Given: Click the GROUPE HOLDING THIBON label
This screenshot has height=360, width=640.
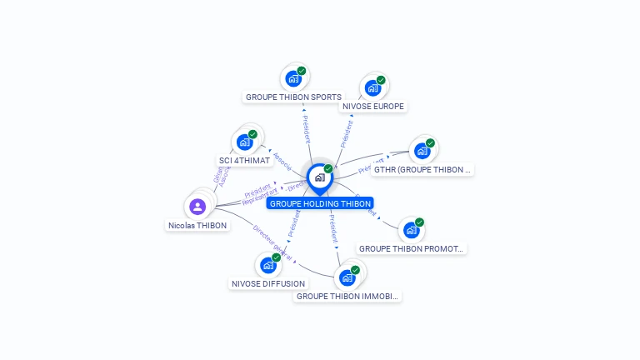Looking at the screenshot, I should click(x=320, y=203).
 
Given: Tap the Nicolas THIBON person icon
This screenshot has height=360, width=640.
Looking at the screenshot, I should click(x=197, y=206).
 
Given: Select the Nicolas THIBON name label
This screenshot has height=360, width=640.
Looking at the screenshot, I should click(x=197, y=225).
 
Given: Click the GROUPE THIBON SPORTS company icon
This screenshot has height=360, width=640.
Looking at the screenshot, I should click(x=292, y=78).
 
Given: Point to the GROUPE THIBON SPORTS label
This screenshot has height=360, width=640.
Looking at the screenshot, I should click(x=293, y=97).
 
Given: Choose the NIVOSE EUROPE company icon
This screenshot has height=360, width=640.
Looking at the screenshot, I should click(x=372, y=87).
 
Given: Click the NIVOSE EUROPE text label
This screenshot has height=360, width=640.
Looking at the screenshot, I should click(x=373, y=107).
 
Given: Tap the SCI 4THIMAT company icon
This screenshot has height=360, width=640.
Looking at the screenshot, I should click(x=244, y=142).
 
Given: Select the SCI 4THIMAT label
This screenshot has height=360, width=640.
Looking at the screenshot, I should click(x=244, y=160).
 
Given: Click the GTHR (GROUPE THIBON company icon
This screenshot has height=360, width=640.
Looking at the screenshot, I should click(x=422, y=151).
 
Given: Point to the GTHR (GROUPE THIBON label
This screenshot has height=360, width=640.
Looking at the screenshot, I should click(x=422, y=169).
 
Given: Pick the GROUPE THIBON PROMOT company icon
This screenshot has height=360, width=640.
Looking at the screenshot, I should click(x=411, y=230).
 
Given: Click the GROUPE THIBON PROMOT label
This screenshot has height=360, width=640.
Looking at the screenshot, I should click(x=411, y=248).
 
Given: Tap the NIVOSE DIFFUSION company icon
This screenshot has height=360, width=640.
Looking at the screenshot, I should click(x=267, y=265).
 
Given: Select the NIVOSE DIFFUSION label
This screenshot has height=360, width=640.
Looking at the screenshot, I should click(x=268, y=283).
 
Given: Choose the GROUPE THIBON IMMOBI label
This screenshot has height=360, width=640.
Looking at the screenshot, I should click(x=347, y=296).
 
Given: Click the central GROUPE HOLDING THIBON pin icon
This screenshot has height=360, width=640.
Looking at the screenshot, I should click(x=319, y=177).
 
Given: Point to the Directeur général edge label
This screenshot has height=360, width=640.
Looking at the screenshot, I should click(x=272, y=242).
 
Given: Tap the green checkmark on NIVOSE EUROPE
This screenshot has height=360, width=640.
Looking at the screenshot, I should click(x=381, y=80).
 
